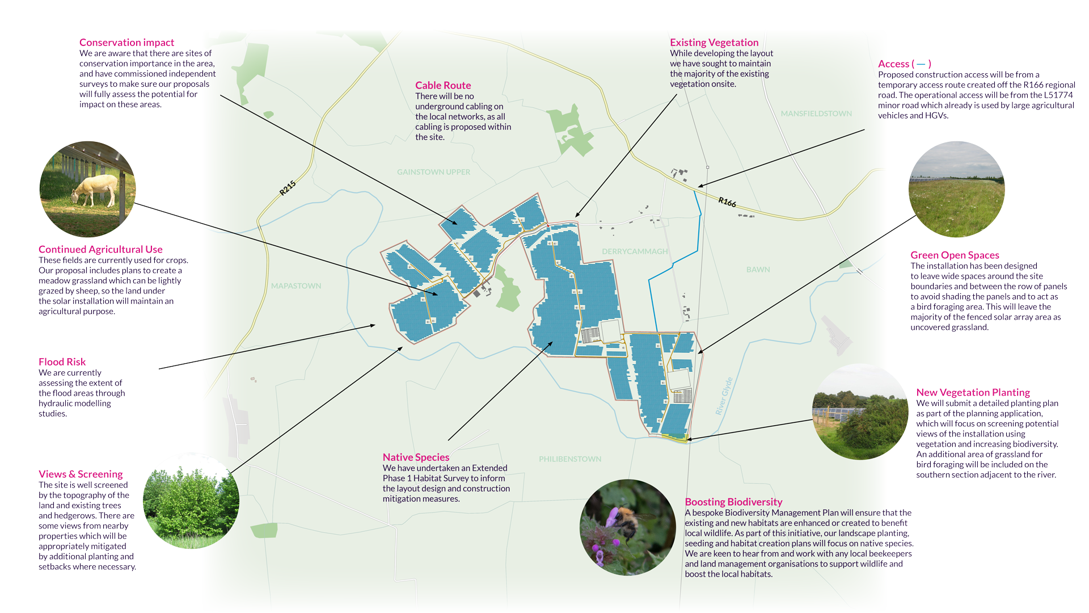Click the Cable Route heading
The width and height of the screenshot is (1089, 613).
click(x=443, y=85)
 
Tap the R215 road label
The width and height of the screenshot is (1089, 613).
click(x=288, y=188)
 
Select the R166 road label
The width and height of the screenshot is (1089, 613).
click(x=727, y=201)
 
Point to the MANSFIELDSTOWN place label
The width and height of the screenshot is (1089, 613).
click(x=816, y=114)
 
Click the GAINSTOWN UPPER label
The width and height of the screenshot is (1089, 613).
click(x=433, y=172)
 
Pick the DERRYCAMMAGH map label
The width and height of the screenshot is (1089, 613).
click(x=634, y=251)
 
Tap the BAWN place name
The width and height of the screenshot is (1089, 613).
click(x=758, y=270)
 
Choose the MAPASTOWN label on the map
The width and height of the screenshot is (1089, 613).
click(x=296, y=286)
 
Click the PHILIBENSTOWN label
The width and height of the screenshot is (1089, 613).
click(x=570, y=459)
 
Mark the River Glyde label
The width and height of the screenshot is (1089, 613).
click(x=724, y=396)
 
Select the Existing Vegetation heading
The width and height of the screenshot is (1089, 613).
click(x=714, y=43)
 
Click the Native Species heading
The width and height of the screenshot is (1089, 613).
click(x=416, y=457)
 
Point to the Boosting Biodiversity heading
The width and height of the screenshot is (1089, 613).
click(x=733, y=502)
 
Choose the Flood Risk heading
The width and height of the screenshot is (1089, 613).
click(x=62, y=362)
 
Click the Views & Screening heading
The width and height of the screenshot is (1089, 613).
click(x=81, y=475)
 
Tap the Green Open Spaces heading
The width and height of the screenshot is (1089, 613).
click(x=955, y=255)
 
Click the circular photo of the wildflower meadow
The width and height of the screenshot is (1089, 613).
click(x=956, y=190)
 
